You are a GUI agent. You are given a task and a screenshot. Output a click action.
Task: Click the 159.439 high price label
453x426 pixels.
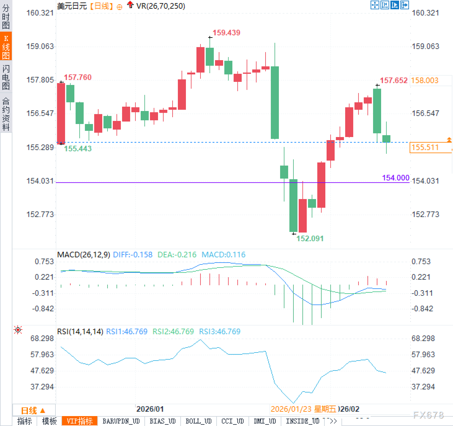pyautogui.click(x=226, y=33)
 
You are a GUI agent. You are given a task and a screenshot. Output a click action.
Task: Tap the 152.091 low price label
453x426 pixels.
pyautogui.click(x=310, y=238)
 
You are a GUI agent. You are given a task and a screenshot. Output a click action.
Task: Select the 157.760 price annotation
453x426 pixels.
pyautogui.click(x=77, y=77)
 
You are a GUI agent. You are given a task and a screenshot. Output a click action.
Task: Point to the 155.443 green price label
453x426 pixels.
pyautogui.click(x=78, y=149)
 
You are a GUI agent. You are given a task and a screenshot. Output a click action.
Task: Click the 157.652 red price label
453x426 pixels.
pyautogui.click(x=394, y=81)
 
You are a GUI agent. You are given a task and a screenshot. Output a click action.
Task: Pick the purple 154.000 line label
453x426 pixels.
pyautogui.click(x=396, y=178)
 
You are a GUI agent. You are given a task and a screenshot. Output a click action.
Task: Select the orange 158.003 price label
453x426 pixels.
pyautogui.click(x=424, y=81)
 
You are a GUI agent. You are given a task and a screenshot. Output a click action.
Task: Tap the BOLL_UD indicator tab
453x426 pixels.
pyautogui.click(x=198, y=421)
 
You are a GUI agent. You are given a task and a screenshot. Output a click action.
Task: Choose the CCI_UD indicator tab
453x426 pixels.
pyautogui.click(x=232, y=421)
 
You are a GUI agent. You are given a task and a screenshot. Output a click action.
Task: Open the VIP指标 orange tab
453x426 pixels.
pyautogui.click(x=80, y=421)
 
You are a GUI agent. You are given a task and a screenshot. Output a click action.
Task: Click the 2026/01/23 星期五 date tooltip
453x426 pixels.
pyautogui.click(x=303, y=409)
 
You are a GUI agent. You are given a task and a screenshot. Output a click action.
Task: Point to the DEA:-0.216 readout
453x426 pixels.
pyautogui.click(x=177, y=255)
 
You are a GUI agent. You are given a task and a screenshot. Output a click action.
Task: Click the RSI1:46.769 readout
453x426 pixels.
pyautogui.click(x=127, y=331)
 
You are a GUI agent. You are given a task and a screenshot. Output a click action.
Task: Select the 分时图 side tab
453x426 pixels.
pyautogui.click(x=6, y=17)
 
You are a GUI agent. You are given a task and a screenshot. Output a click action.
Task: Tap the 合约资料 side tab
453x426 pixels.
pyautogui.click(x=6, y=114)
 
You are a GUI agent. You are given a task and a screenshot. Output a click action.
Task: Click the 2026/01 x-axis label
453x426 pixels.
pyautogui.click(x=150, y=409)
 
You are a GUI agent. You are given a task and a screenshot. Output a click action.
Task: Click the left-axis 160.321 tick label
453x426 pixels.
pyautogui.click(x=40, y=13)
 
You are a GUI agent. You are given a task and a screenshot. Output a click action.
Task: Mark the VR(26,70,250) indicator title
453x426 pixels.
pyautogui.click(x=161, y=6)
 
